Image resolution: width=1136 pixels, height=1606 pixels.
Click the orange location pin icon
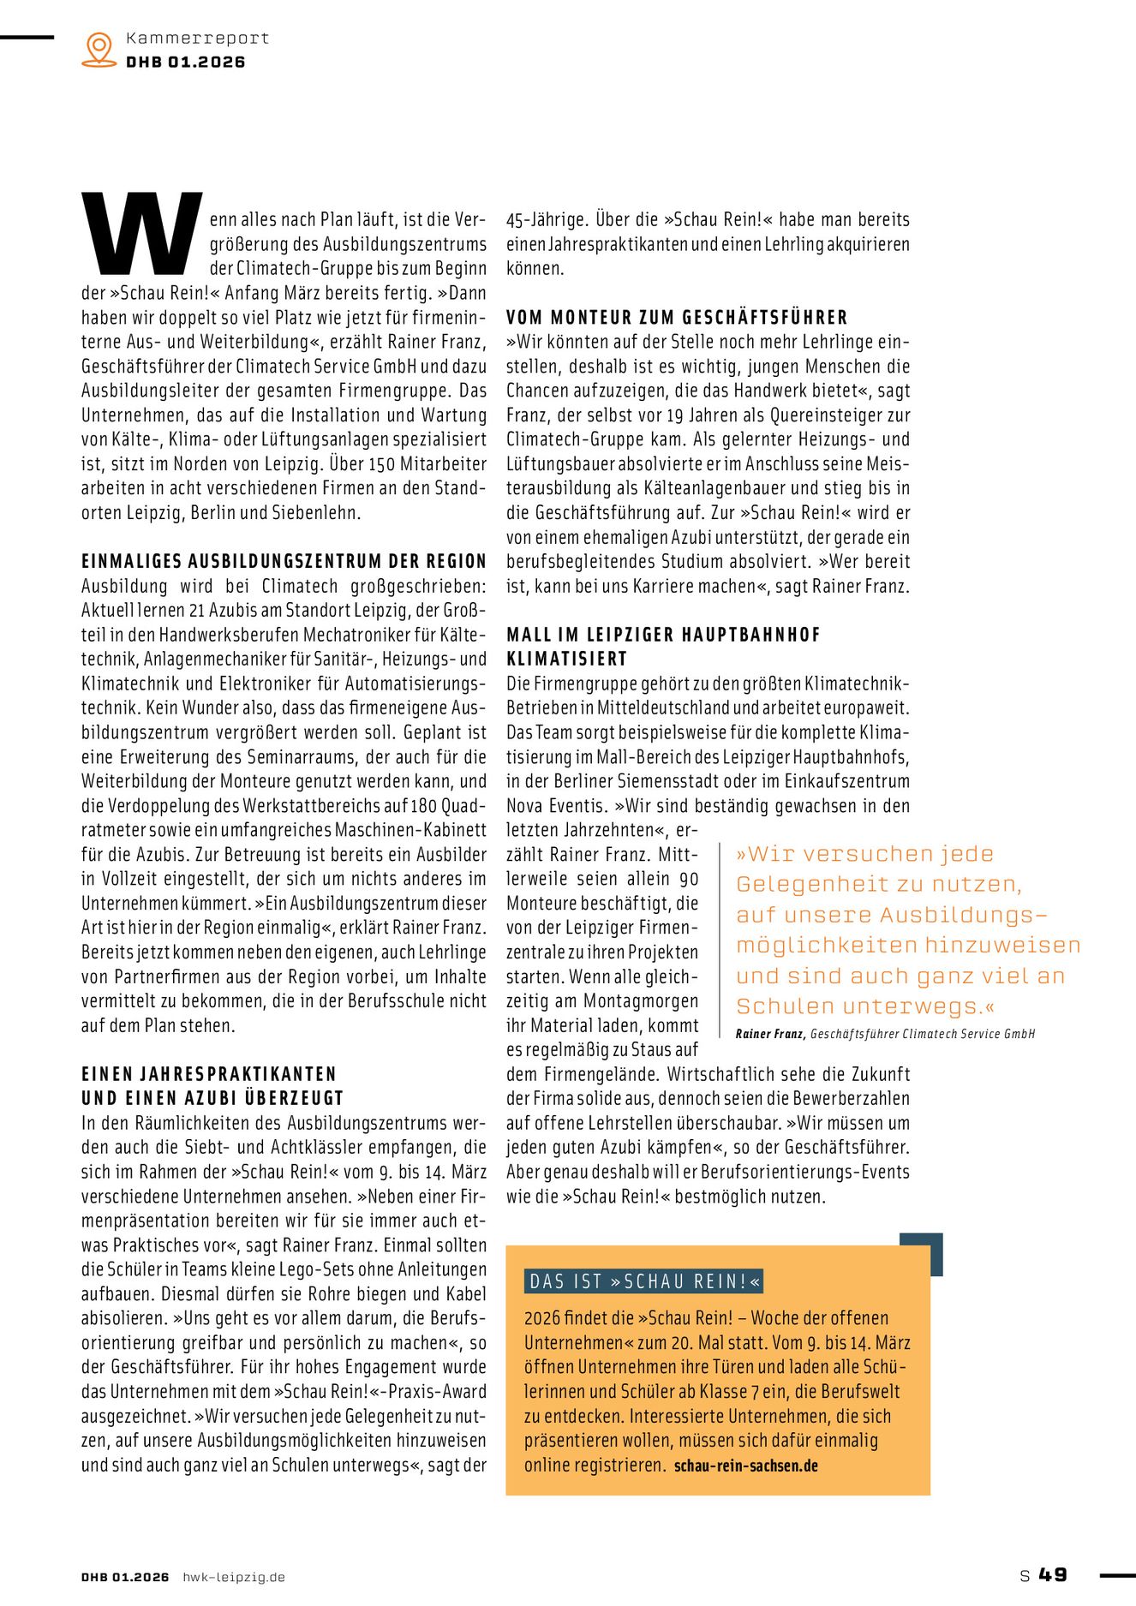[x=99, y=49]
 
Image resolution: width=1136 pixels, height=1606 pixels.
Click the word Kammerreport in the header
[x=197, y=38]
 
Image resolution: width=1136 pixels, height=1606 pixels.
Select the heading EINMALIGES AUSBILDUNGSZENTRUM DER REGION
[x=284, y=562]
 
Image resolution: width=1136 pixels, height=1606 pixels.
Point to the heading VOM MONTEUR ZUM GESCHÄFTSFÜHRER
[x=677, y=318]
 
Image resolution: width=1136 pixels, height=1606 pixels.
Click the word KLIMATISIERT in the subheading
[x=567, y=660]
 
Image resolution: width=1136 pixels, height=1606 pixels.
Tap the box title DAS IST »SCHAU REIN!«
[x=643, y=1281]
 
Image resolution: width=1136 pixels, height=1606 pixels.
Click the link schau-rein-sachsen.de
[x=745, y=1466]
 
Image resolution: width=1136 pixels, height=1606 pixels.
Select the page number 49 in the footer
[x=1053, y=1574]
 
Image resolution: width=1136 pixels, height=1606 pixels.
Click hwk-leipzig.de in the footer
[x=233, y=1577]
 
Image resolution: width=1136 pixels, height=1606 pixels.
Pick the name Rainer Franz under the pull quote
[x=769, y=1034]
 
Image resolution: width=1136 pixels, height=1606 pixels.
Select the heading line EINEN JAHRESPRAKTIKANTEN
[x=209, y=1074]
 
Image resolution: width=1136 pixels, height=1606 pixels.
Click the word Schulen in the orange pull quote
[x=786, y=1006]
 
